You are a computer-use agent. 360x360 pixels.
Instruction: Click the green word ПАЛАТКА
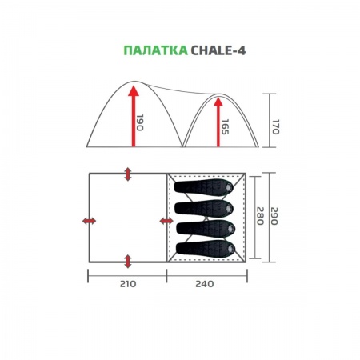coord(154,50)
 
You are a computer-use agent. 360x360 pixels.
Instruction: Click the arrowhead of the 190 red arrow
coord(133,90)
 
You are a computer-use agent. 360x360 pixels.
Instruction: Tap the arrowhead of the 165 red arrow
coord(217,102)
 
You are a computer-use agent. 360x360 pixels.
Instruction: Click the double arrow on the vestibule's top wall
coord(127,174)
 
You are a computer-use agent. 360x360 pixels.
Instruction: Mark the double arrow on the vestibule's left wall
coord(90,220)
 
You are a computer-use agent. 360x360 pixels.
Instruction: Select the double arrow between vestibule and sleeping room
coord(166,220)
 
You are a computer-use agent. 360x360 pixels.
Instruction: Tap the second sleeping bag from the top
coord(206,208)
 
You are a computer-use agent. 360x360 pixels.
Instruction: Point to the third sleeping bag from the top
coord(206,229)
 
